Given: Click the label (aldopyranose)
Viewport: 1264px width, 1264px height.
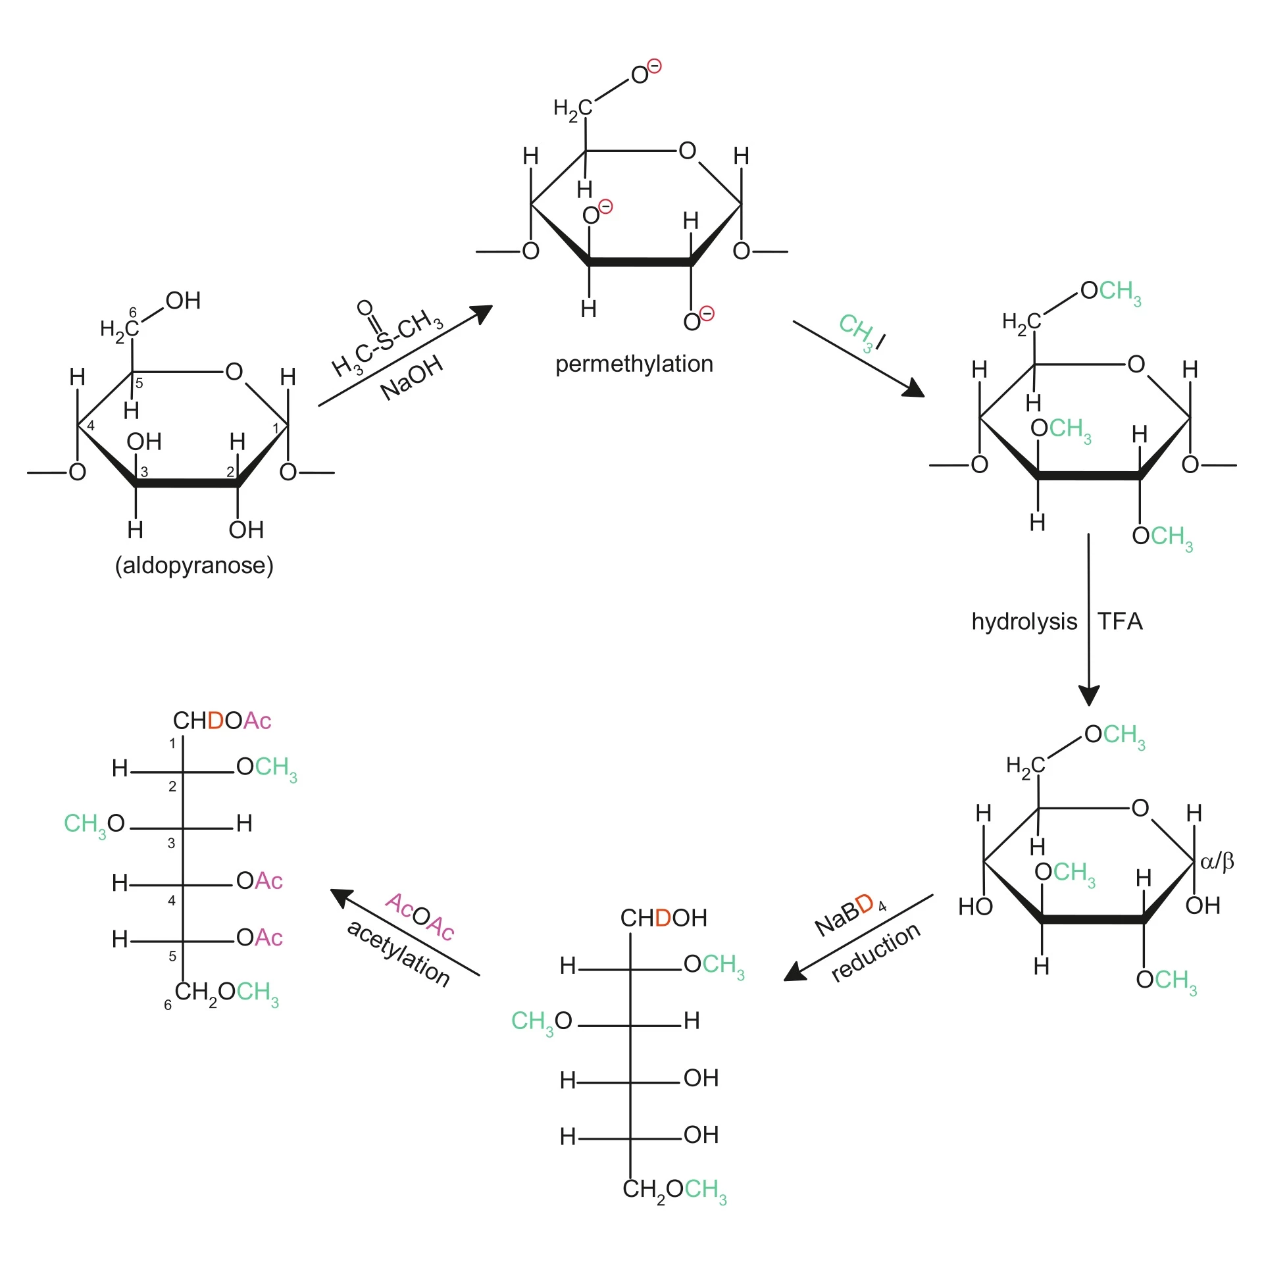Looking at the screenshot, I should [194, 565].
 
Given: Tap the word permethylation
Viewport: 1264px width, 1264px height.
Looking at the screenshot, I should [634, 364].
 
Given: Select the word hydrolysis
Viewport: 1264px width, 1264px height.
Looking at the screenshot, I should [1024, 621].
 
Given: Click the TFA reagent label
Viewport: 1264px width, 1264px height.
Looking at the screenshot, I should [1120, 621].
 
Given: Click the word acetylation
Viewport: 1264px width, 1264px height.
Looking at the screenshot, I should [399, 953].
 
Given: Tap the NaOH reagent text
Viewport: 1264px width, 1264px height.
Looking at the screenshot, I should [412, 378].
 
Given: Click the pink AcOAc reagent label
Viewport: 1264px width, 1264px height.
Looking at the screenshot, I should [420, 917].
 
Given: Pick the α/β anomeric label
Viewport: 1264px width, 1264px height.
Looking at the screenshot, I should [1217, 861].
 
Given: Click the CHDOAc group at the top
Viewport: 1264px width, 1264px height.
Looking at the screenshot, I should [222, 720].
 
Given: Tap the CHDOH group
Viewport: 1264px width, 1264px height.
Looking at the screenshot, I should [663, 918].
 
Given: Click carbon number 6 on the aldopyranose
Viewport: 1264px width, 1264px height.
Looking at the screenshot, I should [133, 313].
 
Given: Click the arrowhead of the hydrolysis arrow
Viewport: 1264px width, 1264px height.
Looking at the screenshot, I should [1089, 695].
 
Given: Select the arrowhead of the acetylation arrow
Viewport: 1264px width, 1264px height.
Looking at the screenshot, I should [341, 896].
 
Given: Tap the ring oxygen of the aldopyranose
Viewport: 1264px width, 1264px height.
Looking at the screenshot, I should [234, 372].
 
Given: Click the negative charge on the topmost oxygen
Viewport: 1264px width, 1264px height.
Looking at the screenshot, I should [654, 66].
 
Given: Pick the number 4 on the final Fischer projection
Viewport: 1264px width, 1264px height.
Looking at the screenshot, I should [172, 900].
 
